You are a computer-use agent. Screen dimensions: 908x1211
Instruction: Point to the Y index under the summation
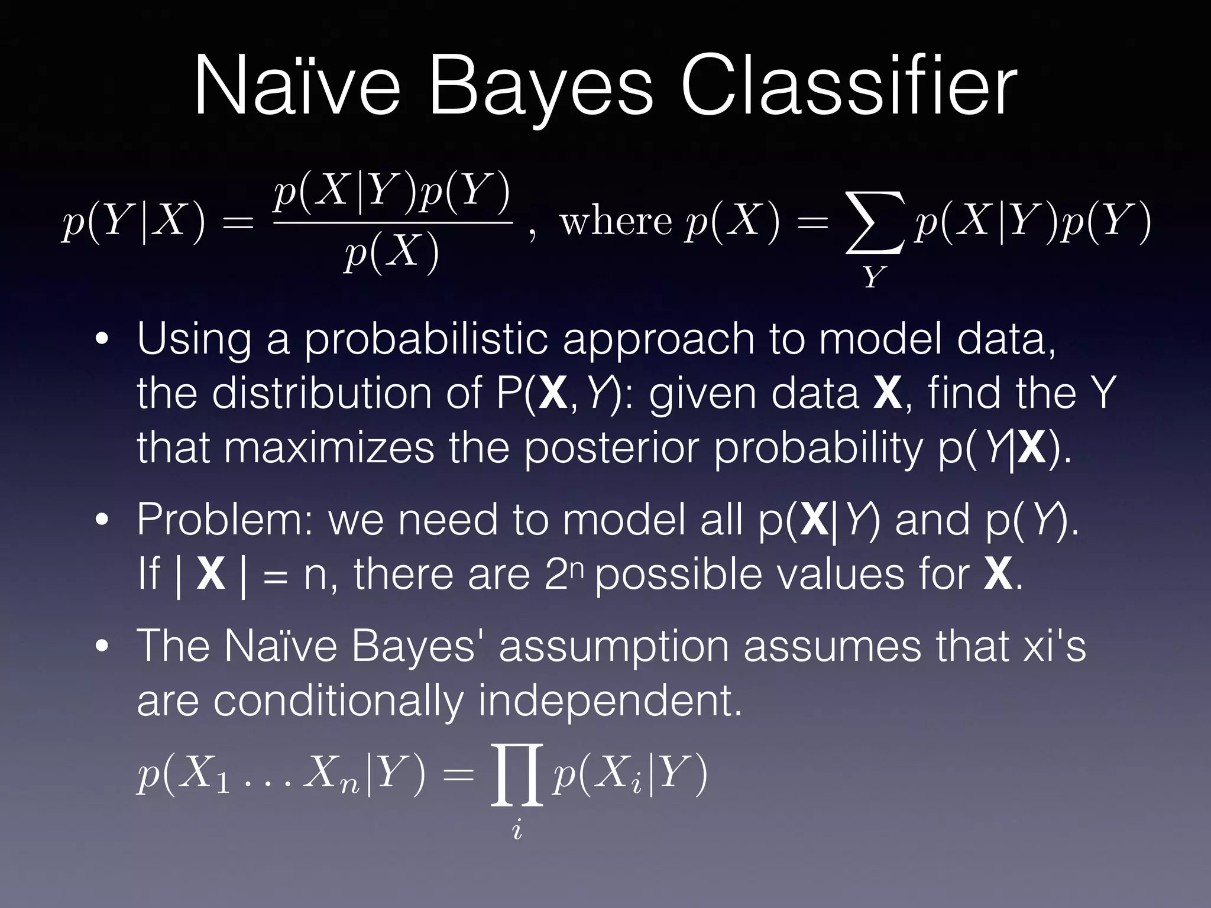click(875, 277)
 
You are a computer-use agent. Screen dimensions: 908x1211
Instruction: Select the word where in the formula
click(615, 222)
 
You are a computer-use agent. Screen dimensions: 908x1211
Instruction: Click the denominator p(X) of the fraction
click(392, 253)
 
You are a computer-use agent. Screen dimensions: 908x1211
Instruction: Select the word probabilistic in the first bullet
click(426, 340)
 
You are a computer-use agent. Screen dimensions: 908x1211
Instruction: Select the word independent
click(609, 701)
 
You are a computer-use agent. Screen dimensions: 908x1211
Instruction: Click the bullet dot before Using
click(103, 340)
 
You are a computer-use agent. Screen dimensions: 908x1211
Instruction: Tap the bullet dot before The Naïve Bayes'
click(103, 646)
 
